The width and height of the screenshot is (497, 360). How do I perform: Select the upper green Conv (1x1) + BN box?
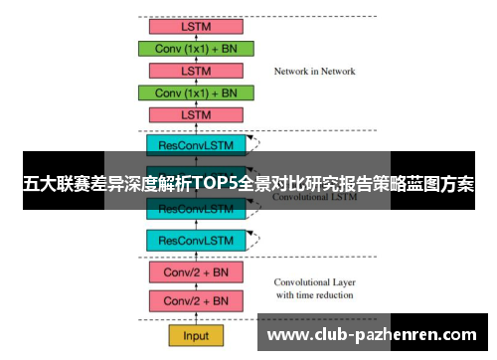[196, 48]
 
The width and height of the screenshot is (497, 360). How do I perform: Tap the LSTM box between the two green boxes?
[196, 71]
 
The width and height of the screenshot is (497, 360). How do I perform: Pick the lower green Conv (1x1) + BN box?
[196, 92]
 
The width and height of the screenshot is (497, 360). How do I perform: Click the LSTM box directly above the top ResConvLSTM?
[196, 115]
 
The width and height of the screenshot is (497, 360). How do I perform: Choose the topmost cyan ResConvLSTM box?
[196, 145]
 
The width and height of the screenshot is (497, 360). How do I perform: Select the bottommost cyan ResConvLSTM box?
[196, 241]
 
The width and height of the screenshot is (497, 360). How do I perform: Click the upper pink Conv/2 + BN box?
[196, 271]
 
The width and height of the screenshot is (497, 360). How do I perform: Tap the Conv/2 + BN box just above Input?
[196, 300]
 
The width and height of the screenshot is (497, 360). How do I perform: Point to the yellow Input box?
[196, 335]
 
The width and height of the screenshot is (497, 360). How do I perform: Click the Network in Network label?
[314, 72]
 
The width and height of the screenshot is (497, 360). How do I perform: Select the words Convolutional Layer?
[315, 280]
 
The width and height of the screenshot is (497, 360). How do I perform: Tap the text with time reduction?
[315, 294]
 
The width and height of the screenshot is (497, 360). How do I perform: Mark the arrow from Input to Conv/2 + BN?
[196, 318]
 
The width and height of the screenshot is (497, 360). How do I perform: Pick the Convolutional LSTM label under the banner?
[314, 198]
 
